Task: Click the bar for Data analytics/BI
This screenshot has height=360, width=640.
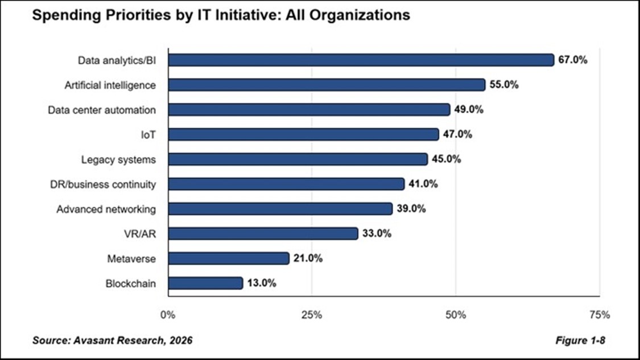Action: click(361, 60)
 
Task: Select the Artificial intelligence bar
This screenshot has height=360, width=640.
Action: click(327, 85)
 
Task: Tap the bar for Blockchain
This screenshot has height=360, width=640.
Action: click(205, 283)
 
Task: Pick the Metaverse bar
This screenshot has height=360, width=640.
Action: click(228, 258)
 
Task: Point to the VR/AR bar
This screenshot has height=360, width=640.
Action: click(263, 233)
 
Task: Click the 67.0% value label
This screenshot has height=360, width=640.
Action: click(572, 60)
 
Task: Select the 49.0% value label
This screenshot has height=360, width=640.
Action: click(469, 109)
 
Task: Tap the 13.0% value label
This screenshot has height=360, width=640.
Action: click(262, 283)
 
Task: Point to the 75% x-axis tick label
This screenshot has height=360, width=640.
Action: click(600, 314)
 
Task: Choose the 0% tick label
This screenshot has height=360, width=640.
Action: click(168, 314)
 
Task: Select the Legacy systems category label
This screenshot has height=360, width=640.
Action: click(118, 159)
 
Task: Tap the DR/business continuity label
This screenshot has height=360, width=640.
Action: click(103, 184)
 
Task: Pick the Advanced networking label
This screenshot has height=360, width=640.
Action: click(106, 209)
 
